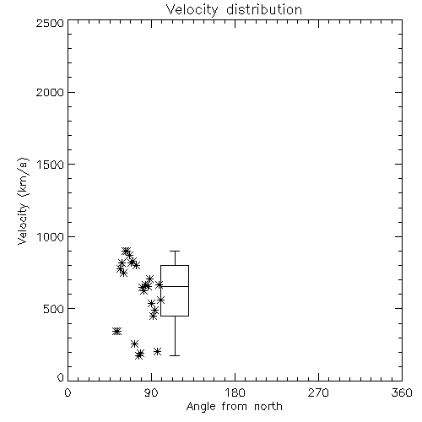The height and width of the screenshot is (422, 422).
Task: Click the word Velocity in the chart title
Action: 192,10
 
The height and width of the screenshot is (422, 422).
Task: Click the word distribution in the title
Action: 264,9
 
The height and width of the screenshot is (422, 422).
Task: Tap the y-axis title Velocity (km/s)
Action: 23,201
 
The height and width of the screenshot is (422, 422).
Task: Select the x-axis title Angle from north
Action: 234,406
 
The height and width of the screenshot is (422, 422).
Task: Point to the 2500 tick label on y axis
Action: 50,23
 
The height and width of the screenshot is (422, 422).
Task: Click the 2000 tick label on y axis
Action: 50,92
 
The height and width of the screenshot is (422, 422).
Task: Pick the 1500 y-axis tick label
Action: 50,165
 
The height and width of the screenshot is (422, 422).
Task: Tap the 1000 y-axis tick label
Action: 50,236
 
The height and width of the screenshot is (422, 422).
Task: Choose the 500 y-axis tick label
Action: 54,309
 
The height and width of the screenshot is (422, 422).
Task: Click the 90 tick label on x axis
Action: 151,392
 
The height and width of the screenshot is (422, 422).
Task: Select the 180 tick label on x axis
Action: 235,392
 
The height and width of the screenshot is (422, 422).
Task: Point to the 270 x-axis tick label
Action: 318,392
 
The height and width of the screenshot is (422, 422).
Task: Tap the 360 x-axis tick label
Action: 402,392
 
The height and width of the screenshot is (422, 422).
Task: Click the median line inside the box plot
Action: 175,286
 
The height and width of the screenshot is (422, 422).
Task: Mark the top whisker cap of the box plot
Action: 175,251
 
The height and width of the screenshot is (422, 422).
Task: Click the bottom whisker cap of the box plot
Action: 175,355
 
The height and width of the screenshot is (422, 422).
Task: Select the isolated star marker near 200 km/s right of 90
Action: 158,351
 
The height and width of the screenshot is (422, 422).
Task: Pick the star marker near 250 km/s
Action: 134,344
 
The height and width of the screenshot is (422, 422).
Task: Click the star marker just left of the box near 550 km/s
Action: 160,300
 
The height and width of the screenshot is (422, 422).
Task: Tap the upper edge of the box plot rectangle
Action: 175,265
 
